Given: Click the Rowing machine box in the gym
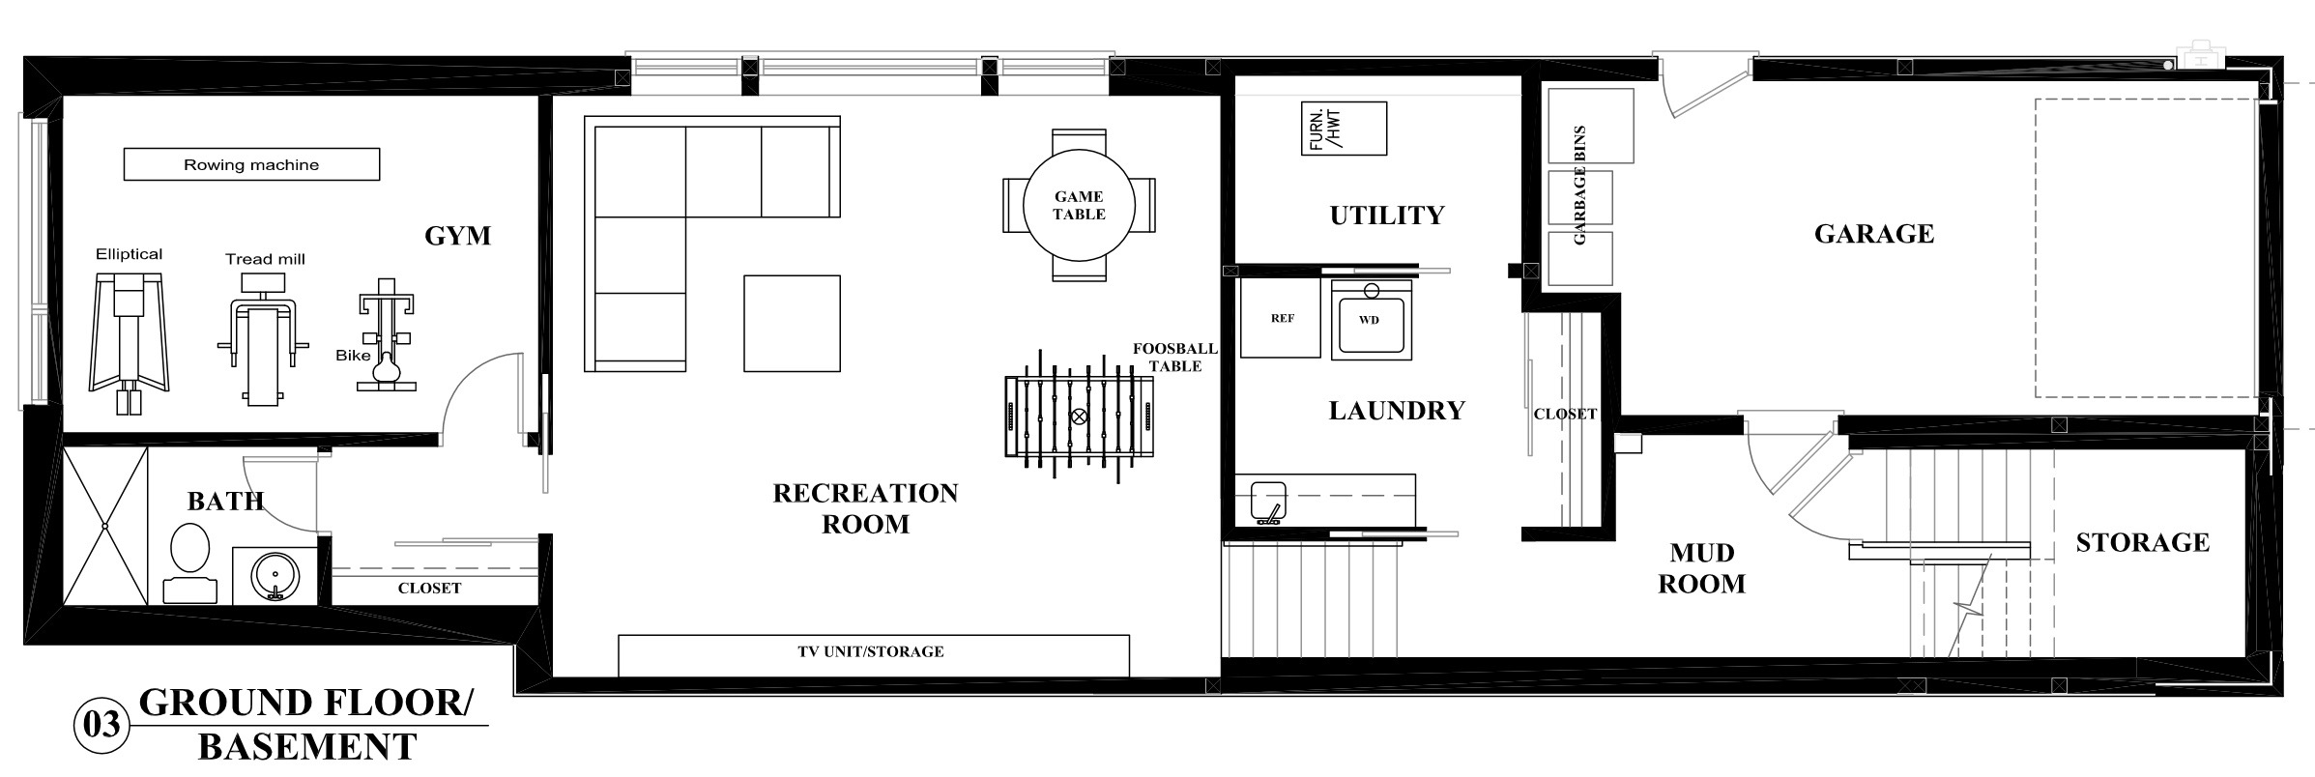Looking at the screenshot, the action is (251, 164).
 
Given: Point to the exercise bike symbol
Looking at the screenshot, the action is (388, 334).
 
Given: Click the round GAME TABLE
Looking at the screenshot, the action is (1079, 205).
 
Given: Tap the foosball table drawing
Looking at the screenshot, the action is (1079, 417).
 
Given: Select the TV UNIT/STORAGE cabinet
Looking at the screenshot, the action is (874, 655).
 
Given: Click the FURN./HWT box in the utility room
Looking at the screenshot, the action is (1344, 129).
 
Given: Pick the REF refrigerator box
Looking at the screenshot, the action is (1281, 319).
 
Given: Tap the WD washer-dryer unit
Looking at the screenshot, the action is (1371, 320).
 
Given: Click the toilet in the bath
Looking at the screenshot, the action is (189, 563).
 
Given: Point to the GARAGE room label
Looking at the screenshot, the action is (1873, 234).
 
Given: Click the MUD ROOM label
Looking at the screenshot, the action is (1701, 568).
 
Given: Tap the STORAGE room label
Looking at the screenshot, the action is (2142, 542).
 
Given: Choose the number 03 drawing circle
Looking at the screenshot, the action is (101, 724).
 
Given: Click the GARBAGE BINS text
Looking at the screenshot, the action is (1579, 185).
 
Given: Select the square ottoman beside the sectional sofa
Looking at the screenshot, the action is (792, 324).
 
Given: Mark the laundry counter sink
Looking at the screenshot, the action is (1268, 502).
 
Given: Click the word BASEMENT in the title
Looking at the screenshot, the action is (307, 747).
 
